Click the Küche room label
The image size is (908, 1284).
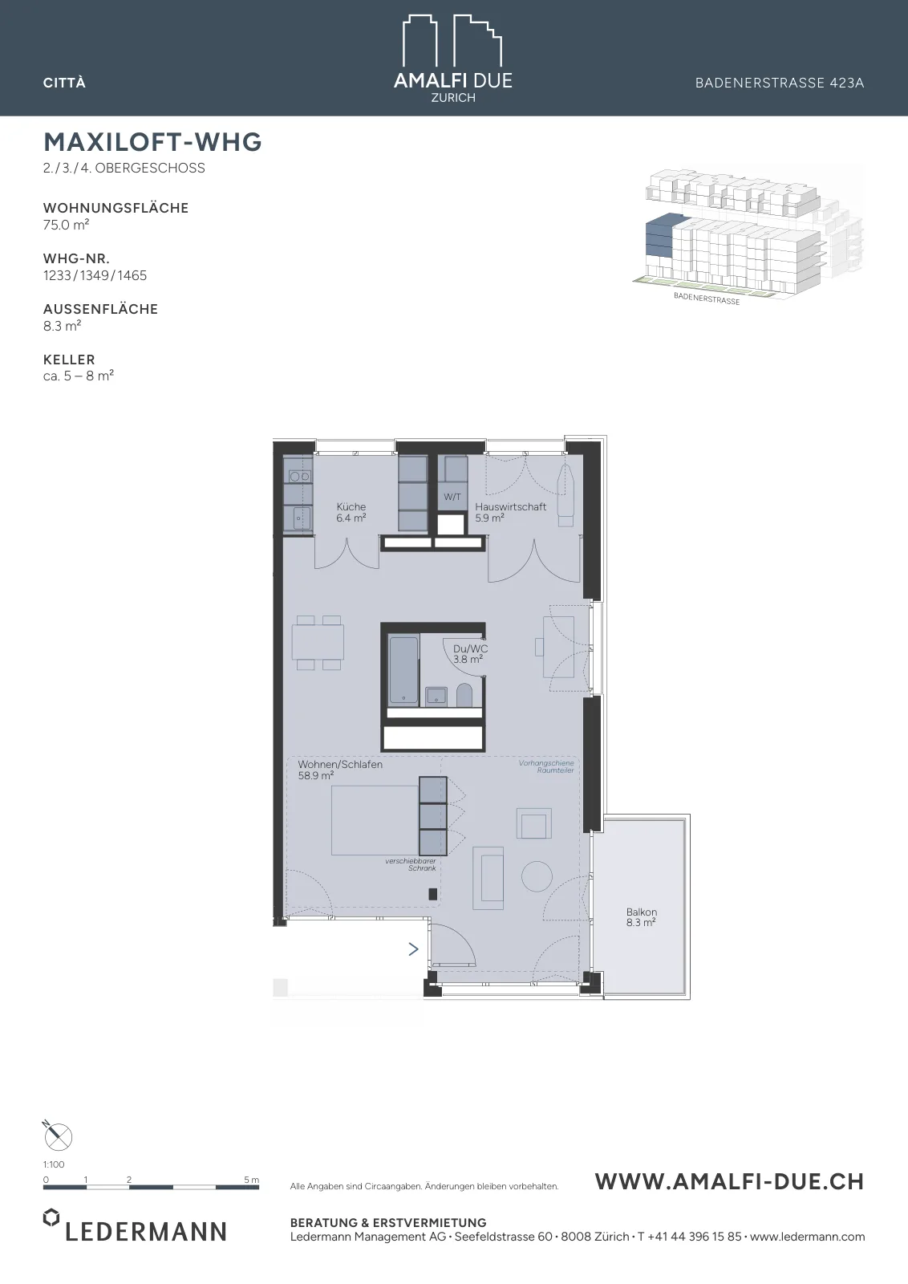pyautogui.click(x=351, y=506)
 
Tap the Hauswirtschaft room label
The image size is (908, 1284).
pyautogui.click(x=510, y=506)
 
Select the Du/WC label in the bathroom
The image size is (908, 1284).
pyautogui.click(x=470, y=649)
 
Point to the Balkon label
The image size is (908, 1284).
pyautogui.click(x=642, y=912)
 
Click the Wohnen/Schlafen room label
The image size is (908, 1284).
pyautogui.click(x=340, y=764)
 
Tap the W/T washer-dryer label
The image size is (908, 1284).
pyautogui.click(x=452, y=497)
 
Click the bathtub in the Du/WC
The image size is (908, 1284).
pyautogui.click(x=404, y=670)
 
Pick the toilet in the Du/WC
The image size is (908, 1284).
pyautogui.click(x=464, y=695)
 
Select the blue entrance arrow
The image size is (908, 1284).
pyautogui.click(x=414, y=949)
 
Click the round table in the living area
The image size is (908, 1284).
pyautogui.click(x=537, y=876)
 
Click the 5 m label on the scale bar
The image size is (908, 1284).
pyautogui.click(x=252, y=1180)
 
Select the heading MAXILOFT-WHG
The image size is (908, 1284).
pyautogui.click(x=153, y=141)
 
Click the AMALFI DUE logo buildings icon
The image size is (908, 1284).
pyautogui.click(x=452, y=40)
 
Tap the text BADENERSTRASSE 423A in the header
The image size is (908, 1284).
pyautogui.click(x=780, y=83)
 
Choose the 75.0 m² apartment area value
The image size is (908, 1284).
pyautogui.click(x=66, y=225)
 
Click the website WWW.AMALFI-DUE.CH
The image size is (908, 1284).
pyautogui.click(x=729, y=1181)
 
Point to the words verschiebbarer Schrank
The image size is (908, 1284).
pyautogui.click(x=411, y=864)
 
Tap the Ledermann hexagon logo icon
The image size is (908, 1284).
pyautogui.click(x=51, y=1217)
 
